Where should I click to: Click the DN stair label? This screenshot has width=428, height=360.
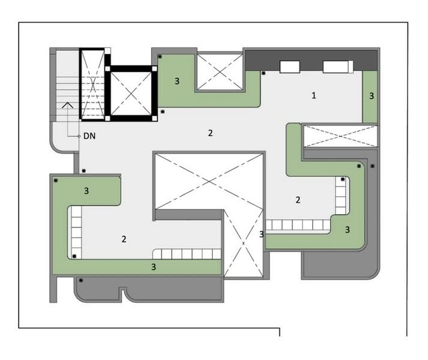[x=89, y=136]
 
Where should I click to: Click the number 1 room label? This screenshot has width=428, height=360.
[x=314, y=95]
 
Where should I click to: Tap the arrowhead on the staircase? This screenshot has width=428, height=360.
[x=67, y=105]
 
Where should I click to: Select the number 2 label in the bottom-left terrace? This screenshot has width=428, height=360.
[x=124, y=239]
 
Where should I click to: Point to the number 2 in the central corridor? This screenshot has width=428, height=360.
[x=210, y=133]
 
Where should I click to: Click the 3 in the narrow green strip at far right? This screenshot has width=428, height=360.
[x=372, y=96]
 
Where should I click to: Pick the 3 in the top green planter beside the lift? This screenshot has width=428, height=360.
[x=177, y=81]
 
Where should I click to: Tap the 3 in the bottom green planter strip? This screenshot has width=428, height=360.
[x=154, y=266]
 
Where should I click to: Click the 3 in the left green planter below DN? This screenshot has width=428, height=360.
[x=86, y=191]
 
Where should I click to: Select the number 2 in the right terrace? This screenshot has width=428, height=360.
[x=298, y=200]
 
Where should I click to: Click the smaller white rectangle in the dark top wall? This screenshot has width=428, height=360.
[x=289, y=67]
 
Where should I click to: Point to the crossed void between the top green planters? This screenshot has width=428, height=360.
[x=220, y=72]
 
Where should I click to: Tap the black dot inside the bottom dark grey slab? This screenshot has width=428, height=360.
[x=81, y=280]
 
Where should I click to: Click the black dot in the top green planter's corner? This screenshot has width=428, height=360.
[x=160, y=56]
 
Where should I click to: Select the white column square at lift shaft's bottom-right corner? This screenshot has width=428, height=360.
[x=154, y=118]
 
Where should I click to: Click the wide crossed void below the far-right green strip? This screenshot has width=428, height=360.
[x=340, y=136]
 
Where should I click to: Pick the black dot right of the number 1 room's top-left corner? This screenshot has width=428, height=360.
[x=264, y=73]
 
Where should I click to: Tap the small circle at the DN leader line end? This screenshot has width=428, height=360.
[x=79, y=136]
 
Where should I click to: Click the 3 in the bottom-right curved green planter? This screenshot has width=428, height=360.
[x=347, y=230]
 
